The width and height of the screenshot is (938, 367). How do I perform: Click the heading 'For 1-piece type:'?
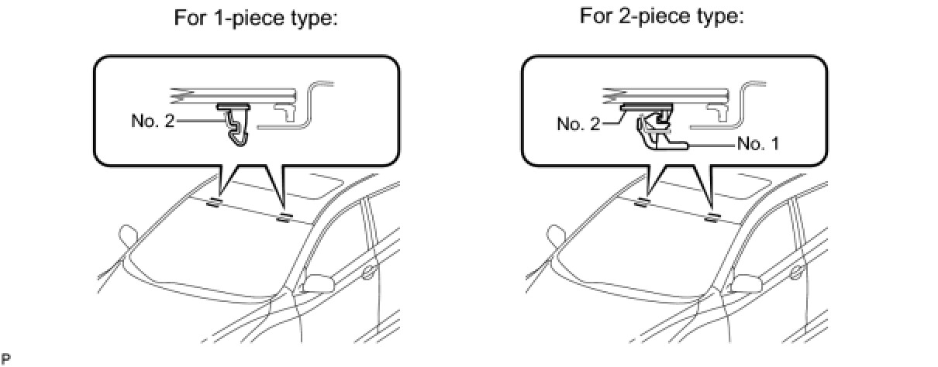click(x=256, y=19)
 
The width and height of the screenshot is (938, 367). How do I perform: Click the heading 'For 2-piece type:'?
click(x=661, y=18)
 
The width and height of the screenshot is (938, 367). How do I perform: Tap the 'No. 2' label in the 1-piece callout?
click(x=153, y=121)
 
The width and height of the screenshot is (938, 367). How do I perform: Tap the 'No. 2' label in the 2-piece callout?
click(x=578, y=123)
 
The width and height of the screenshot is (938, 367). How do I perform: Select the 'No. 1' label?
click(x=758, y=143)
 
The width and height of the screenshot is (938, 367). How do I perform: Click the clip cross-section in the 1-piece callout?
click(x=234, y=125)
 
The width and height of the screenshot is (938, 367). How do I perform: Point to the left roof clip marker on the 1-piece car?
click(x=213, y=203)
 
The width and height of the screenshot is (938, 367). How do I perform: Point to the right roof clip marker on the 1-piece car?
click(x=284, y=218)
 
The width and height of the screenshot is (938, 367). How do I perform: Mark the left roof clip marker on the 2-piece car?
click(x=641, y=203)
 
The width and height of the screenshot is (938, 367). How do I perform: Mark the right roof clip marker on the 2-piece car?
click(x=712, y=218)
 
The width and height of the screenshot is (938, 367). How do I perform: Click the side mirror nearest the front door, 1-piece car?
click(x=319, y=283)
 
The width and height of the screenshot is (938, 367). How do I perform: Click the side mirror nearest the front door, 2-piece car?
click(x=747, y=283)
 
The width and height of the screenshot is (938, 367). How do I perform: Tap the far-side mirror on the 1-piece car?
click(x=128, y=235)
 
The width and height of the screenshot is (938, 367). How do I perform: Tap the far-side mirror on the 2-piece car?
click(x=556, y=235)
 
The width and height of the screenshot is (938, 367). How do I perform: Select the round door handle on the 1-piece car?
click(x=368, y=272)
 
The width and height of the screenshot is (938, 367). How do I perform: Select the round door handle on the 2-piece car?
click(x=796, y=272)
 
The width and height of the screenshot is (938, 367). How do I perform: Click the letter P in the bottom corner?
click(x=6, y=359)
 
